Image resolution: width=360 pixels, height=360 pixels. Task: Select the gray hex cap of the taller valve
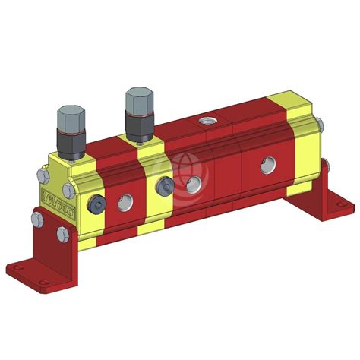point(139,101)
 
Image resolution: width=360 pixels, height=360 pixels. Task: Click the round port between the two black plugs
point(125,201)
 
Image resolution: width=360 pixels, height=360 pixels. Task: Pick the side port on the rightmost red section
point(267,163)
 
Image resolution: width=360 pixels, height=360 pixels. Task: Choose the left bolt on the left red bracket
point(36,220)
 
